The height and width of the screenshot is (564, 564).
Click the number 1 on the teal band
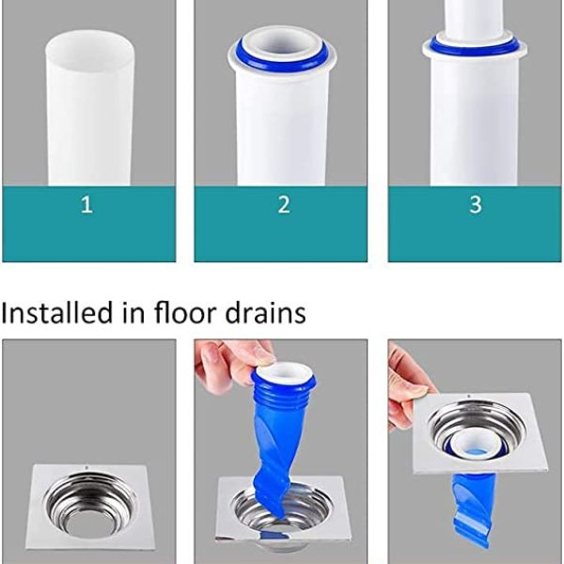coord(86,205)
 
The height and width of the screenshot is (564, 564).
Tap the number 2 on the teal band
coord(283,205)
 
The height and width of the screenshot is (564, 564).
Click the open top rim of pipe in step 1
coord(87,42)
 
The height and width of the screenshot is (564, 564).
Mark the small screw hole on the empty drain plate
coord(87,467)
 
